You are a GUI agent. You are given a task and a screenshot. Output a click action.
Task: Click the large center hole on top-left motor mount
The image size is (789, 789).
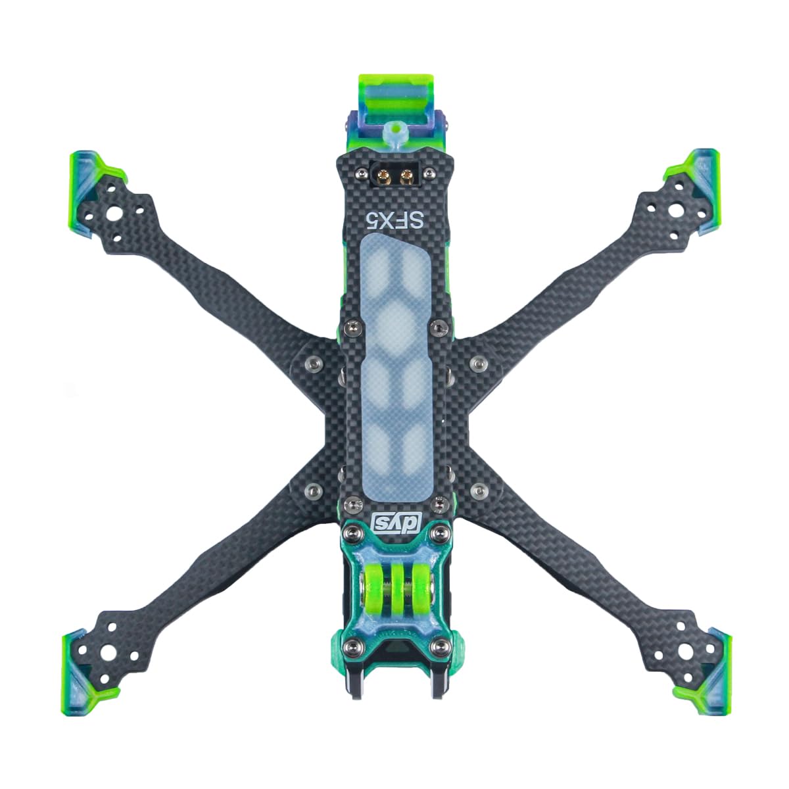(x=116, y=214)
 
